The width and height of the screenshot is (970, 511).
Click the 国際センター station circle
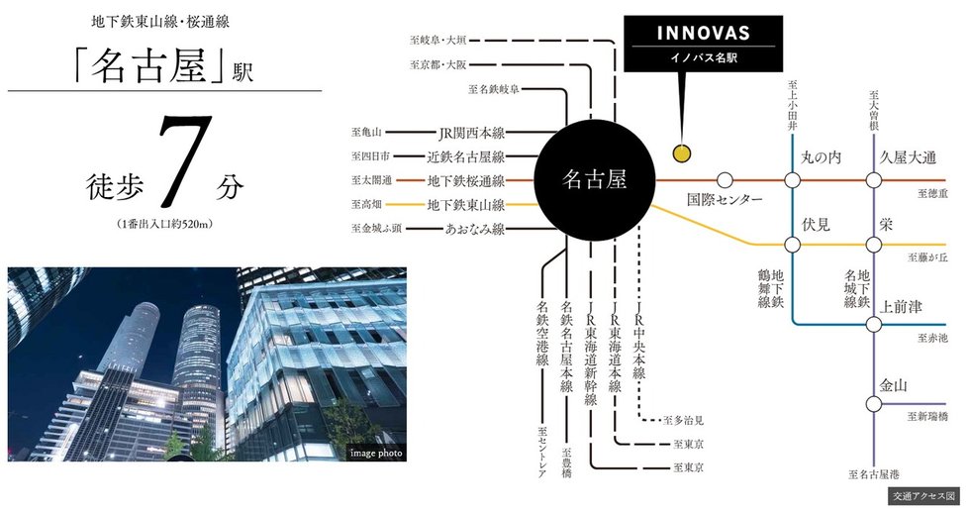pyautogui.click(x=725, y=180)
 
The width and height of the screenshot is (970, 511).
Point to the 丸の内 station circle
pyautogui.click(x=793, y=180)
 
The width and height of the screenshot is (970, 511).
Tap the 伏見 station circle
pyautogui.click(x=793, y=245)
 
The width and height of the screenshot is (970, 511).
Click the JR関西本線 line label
pyautogui.click(x=471, y=132)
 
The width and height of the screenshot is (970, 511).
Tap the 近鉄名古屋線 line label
pyautogui.click(x=465, y=156)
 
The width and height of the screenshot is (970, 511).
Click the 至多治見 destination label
pyautogui.click(x=683, y=421)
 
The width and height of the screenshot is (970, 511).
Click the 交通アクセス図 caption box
pyautogui.click(x=923, y=494)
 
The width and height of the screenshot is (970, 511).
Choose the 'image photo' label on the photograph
pyautogui.click(x=376, y=453)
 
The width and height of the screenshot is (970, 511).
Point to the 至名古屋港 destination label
pyautogui.click(x=875, y=474)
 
